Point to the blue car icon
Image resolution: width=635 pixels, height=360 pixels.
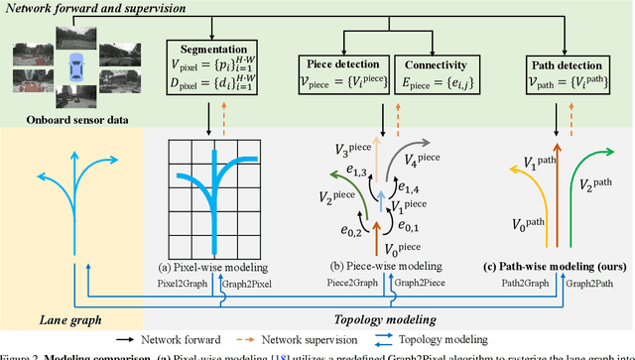[72, 72]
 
